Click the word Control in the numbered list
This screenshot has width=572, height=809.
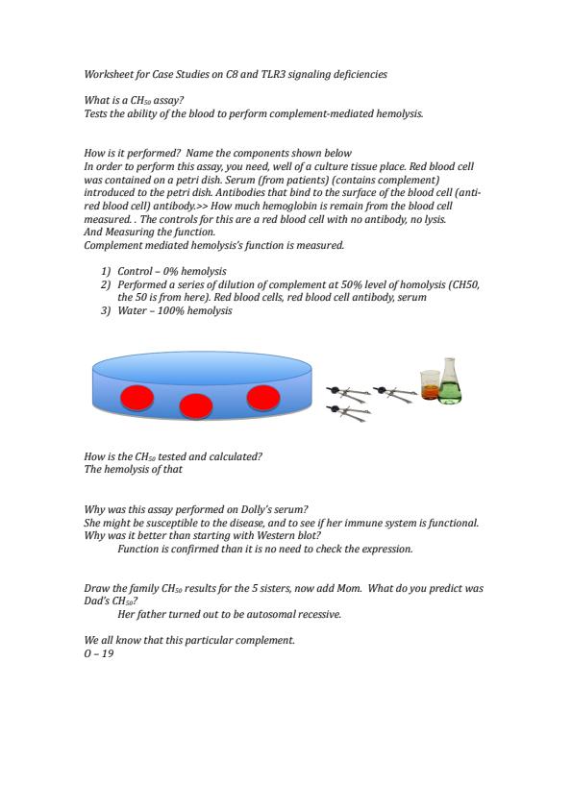[x=135, y=271]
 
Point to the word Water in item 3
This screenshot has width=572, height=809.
[x=132, y=310]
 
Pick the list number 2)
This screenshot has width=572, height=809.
[x=106, y=284]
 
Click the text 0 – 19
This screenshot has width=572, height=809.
[x=99, y=653]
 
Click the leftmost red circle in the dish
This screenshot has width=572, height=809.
[x=137, y=398]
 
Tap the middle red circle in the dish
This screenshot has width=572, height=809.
[x=196, y=406]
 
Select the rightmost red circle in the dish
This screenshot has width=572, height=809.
[x=263, y=397]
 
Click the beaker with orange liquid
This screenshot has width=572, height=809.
[x=430, y=385]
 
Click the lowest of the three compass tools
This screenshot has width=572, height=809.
[x=348, y=412]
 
